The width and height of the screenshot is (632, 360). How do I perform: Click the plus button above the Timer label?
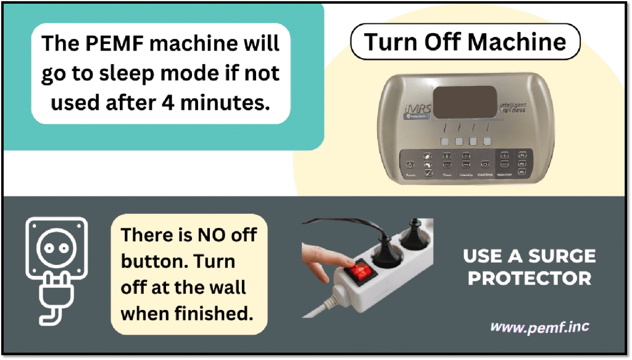pyautogui.click(x=447, y=157)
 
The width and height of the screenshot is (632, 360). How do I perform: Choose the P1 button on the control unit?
pyautogui.click(x=522, y=155)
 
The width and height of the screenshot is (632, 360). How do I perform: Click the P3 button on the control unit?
pyautogui.click(x=522, y=173)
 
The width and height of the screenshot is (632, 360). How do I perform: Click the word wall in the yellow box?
pyautogui.click(x=225, y=287)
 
